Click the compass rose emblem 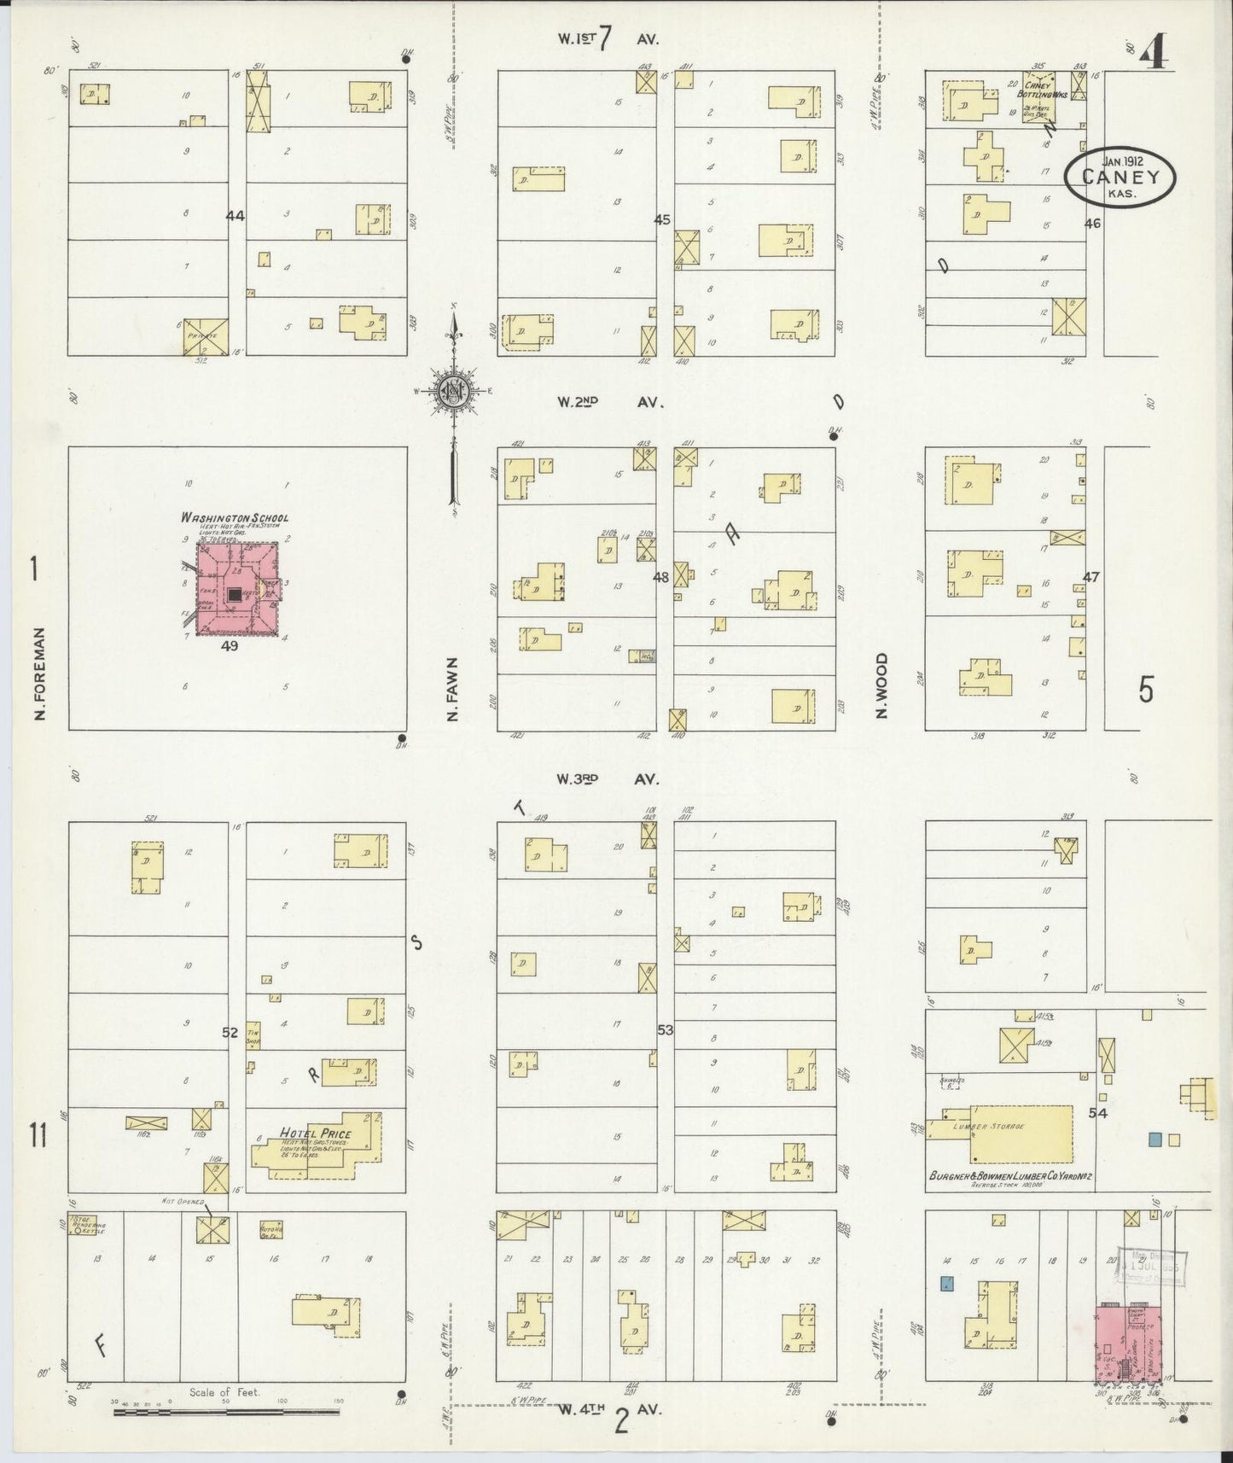tap(452, 392)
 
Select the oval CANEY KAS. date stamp tap(1120, 177)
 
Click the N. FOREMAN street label tap(39, 674)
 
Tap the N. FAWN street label tap(454, 689)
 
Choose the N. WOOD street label tap(881, 685)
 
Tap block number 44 tap(235, 216)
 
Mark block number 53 tap(665, 1030)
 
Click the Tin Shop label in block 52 tap(253, 1034)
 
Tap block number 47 tap(1091, 577)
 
